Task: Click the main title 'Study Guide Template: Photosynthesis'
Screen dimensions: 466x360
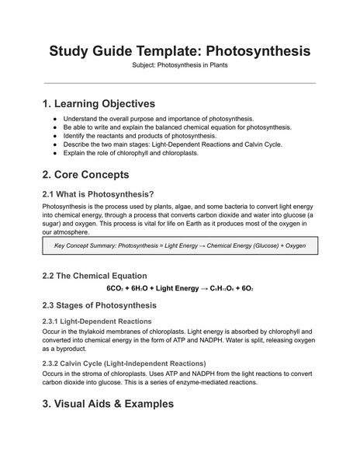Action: coord(180,50)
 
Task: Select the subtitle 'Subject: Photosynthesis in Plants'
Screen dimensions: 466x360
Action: coord(180,66)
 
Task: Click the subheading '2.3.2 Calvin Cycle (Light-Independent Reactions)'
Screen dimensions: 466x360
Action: coord(123,363)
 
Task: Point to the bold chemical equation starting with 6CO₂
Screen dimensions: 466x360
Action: coord(179,289)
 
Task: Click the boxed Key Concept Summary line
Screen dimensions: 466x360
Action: coord(180,246)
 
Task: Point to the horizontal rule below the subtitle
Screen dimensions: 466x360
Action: coord(180,83)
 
